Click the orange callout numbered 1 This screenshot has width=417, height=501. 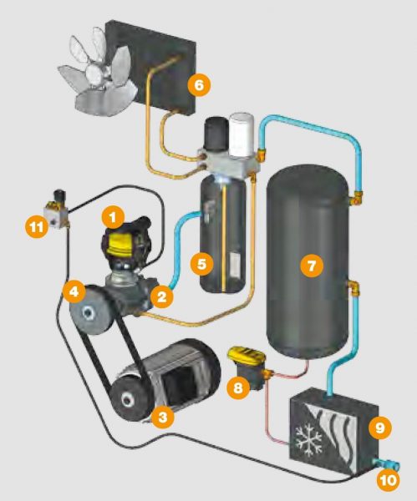tap(113, 218)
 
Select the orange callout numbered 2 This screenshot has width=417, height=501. tap(162, 296)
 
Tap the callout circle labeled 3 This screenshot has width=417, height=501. tap(163, 416)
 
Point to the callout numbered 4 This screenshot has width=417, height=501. tap(74, 291)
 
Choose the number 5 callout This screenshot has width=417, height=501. tap(201, 264)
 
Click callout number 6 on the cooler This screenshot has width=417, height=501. tap(199, 85)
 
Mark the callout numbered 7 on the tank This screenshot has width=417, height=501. tap(312, 265)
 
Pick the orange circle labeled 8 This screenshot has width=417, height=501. tap(238, 388)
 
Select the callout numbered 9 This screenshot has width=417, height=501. tap(380, 428)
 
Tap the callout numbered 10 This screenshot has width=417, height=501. tap(389, 479)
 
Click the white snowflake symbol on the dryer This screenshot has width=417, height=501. tap(308, 439)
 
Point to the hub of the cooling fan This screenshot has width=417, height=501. tap(96, 73)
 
